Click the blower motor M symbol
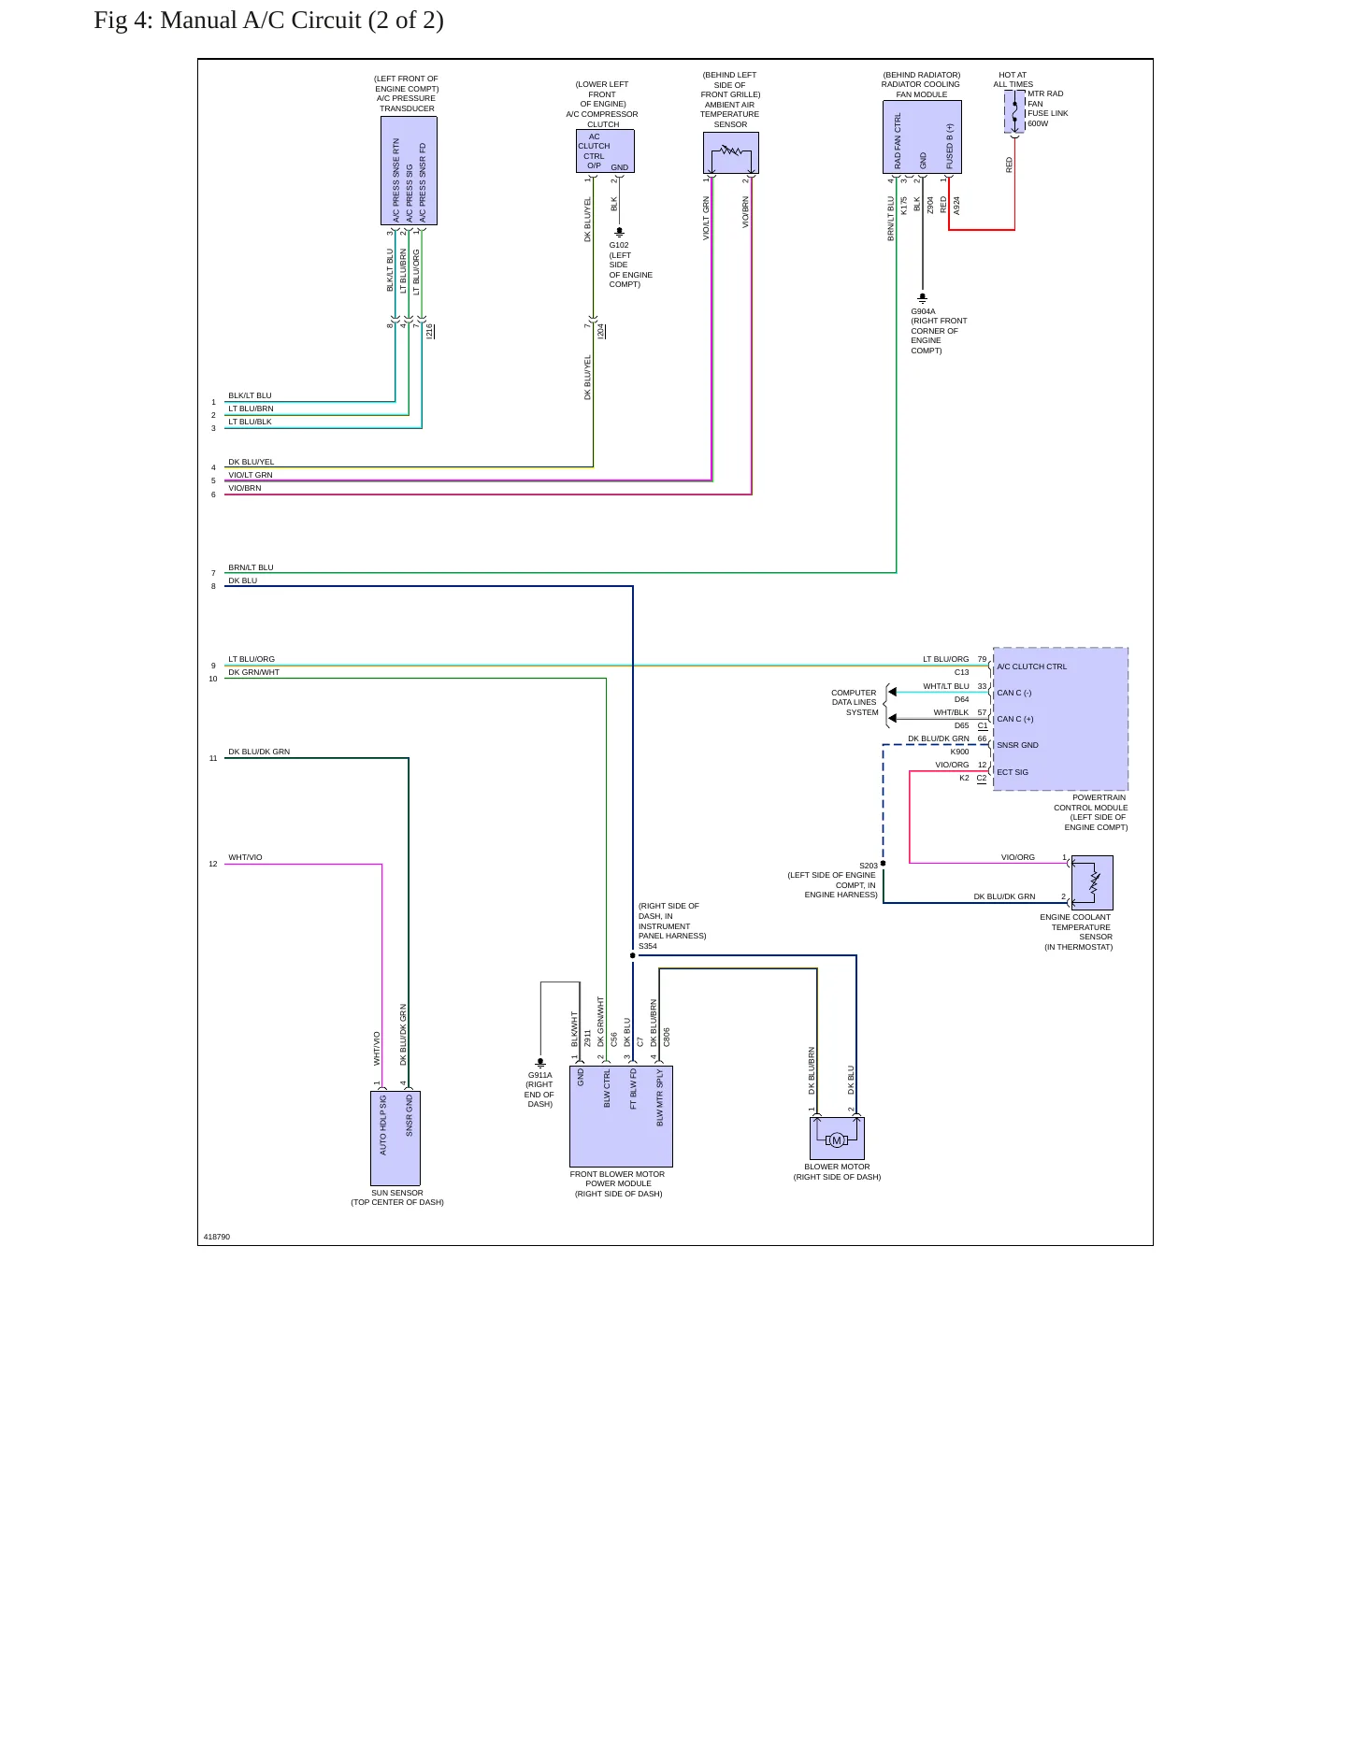[x=837, y=1139]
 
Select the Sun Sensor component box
[x=395, y=1139]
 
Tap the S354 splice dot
[x=633, y=955]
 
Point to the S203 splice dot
[x=884, y=864]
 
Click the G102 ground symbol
[x=619, y=233]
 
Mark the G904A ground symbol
[x=923, y=299]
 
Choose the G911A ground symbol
[x=540, y=1063]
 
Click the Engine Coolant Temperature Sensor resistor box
[x=1092, y=882]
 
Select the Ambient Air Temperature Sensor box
[x=731, y=152]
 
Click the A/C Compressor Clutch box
[x=605, y=151]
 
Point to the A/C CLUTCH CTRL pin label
[x=1031, y=666]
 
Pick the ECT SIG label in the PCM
[x=1013, y=772]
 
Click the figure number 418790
[x=217, y=1237]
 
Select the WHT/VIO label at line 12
[x=245, y=857]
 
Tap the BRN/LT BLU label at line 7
[x=251, y=567]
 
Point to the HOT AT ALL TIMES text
[x=1013, y=79]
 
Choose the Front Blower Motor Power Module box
[x=621, y=1116]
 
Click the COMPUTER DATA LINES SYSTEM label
[x=855, y=703]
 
